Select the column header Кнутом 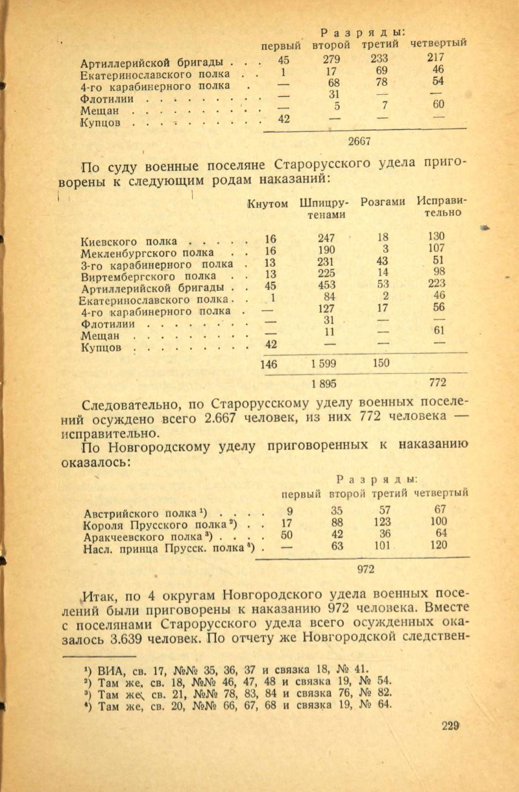pos(268,204)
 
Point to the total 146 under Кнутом pos(268,364)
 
